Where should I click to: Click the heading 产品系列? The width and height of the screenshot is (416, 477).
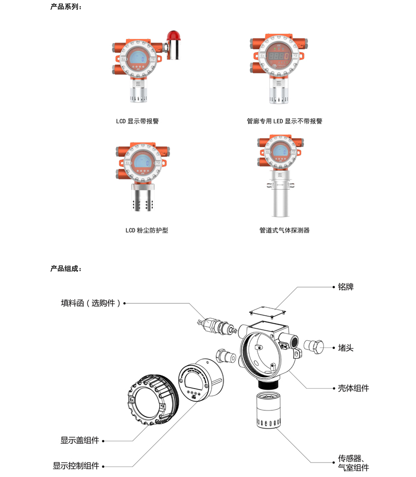pos(66,7)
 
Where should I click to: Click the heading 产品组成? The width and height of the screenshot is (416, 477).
pos(66,268)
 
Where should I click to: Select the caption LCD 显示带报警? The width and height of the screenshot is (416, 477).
pos(137,121)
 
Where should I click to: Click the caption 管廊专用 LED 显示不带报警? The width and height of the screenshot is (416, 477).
pos(284,121)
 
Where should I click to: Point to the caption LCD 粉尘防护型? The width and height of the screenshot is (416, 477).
pos(147,230)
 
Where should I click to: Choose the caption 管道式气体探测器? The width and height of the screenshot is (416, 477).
pos(284,230)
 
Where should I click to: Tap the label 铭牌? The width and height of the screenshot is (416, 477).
pos(346,287)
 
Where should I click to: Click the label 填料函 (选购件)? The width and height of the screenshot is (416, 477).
pos(90,303)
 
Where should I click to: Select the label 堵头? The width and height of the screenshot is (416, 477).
pos(346,347)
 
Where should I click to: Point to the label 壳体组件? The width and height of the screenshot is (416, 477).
pos(354,388)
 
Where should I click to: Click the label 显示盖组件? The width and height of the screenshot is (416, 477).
pos(80,440)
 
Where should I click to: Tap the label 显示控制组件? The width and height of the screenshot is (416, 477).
pos(76,466)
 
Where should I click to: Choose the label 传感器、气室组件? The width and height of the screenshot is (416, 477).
pos(354,463)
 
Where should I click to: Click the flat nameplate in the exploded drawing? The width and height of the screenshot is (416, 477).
pos(267,311)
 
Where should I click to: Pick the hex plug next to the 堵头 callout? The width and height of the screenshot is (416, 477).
pos(314,347)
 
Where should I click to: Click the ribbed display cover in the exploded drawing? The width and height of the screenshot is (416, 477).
pos(153,399)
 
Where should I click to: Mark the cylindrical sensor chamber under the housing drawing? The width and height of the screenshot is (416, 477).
pos(268,410)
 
